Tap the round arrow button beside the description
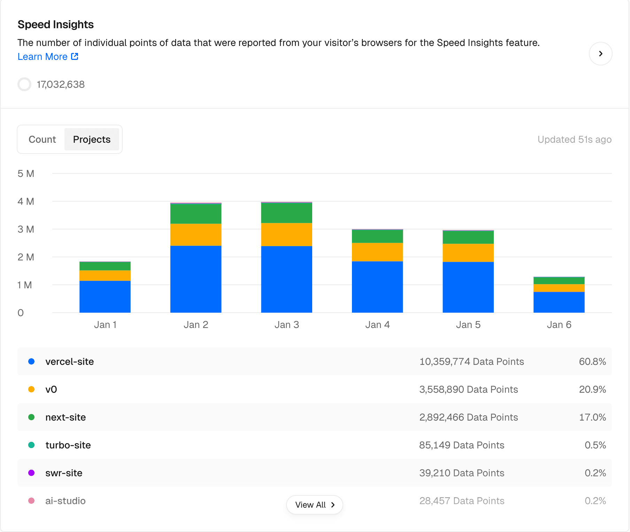pos(600,54)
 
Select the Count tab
pos(42,139)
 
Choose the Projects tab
pos(92,139)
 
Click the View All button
pos(314,504)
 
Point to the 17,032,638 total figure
pos(61,84)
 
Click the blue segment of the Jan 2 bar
pos(196,279)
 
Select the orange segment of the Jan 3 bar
pos(286,234)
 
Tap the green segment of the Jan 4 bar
pos(377,236)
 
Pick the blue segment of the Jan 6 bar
pos(559,302)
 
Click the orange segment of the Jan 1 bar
pos(105,275)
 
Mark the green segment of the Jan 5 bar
pos(468,237)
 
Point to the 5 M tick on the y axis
pos(26,173)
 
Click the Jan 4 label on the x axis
pos(377,324)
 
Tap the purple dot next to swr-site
pos(31,473)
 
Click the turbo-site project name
pos(68,445)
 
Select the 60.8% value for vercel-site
pos(592,361)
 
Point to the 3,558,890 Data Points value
pos(468,389)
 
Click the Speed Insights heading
pos(56,24)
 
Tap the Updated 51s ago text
pos(574,139)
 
